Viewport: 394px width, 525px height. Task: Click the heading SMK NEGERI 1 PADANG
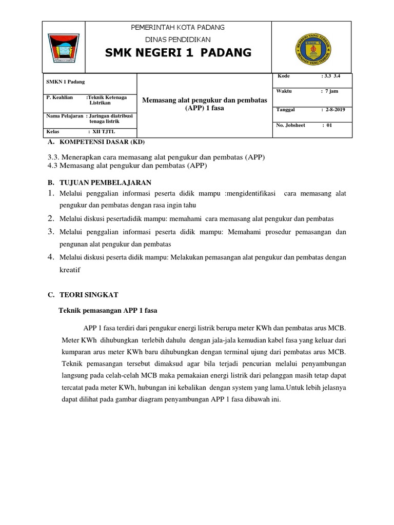178,53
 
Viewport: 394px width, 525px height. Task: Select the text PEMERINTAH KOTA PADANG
178,27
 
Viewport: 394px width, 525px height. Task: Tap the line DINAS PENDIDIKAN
178,39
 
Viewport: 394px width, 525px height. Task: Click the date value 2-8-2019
333,110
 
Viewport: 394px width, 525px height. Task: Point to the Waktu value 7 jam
331,91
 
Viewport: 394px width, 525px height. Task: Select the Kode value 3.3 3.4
331,76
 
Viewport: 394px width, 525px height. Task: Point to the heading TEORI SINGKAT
89,295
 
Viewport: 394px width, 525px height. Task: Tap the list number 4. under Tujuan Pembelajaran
51,256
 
